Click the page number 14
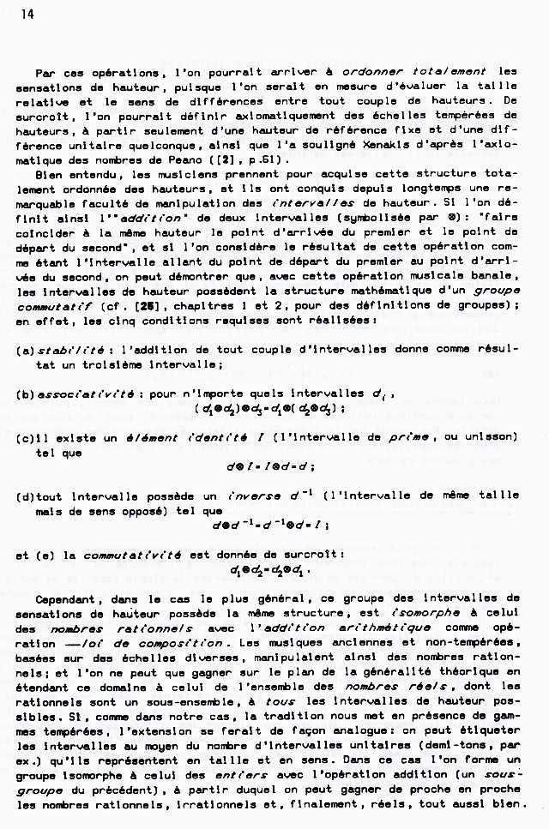17,15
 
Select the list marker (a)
25,350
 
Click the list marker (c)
25,437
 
